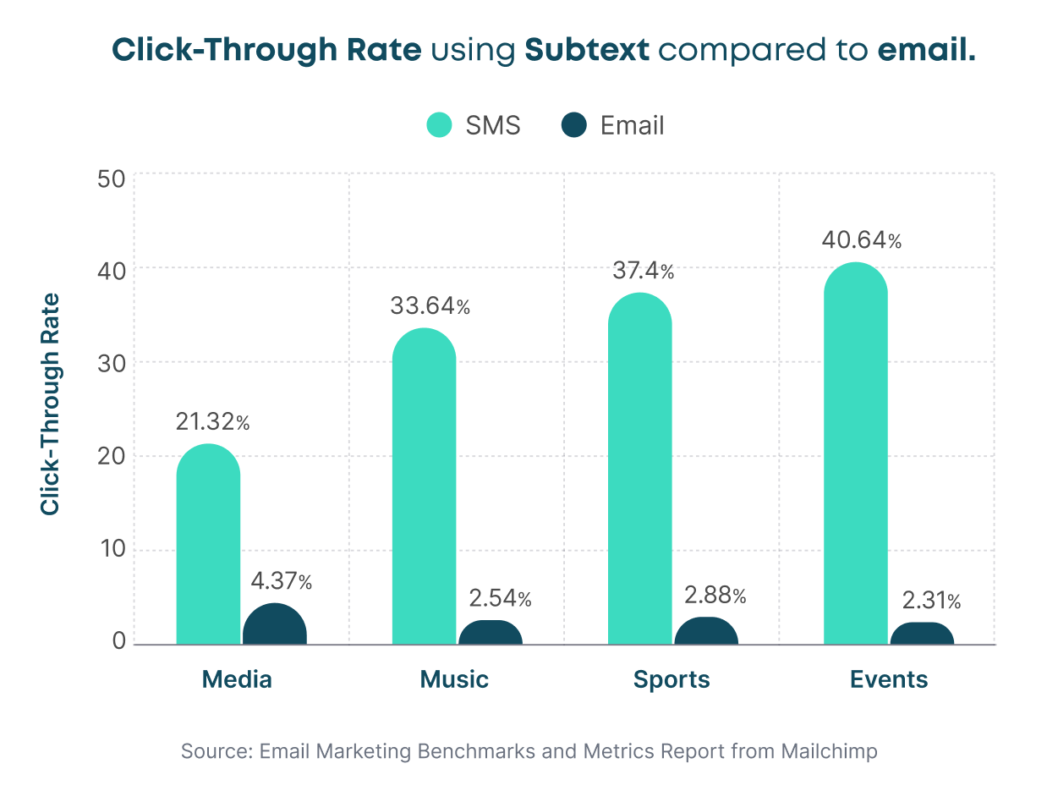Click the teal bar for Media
(x=208, y=546)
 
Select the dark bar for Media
(x=275, y=626)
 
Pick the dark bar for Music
(x=491, y=634)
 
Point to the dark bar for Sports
(x=706, y=632)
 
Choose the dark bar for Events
(x=922, y=634)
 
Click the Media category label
(x=237, y=679)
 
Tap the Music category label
(x=454, y=679)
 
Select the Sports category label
(x=672, y=679)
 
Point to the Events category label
(x=889, y=679)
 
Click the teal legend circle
(x=439, y=125)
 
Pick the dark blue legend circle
(x=573, y=125)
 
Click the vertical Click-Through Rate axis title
(x=51, y=404)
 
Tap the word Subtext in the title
(x=587, y=51)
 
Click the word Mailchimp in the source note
(x=829, y=751)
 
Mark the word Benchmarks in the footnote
(x=475, y=751)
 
